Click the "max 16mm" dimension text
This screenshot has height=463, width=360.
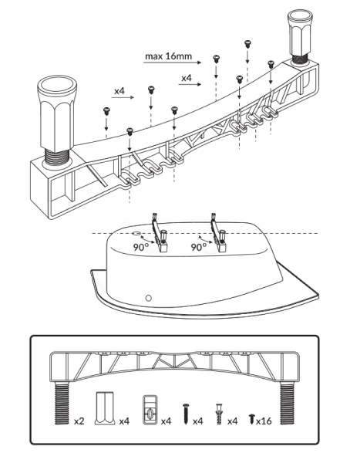pos(168,56)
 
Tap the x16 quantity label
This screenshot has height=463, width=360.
pos(264,421)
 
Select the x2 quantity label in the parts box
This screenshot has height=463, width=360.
pos(79,421)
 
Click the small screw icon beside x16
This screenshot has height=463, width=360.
pos(252,419)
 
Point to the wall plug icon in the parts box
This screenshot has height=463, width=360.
pos(219,414)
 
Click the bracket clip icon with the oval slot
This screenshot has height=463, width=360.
pos(150,410)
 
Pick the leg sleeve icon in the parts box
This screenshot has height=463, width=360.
pos(105,408)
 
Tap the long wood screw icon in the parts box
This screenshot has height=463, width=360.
pos(186,414)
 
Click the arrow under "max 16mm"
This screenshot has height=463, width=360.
pos(173,63)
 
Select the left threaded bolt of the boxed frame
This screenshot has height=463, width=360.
pos(62,403)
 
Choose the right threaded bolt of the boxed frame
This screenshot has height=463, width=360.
pos(287,403)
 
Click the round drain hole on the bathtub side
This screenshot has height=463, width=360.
pos(149,298)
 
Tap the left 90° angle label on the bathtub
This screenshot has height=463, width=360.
pos(141,247)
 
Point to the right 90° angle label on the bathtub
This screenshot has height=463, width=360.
pos(199,247)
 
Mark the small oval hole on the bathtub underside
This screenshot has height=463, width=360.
pos(136,233)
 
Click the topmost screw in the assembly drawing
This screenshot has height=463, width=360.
pos(247,44)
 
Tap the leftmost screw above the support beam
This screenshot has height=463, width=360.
pos(106,111)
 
